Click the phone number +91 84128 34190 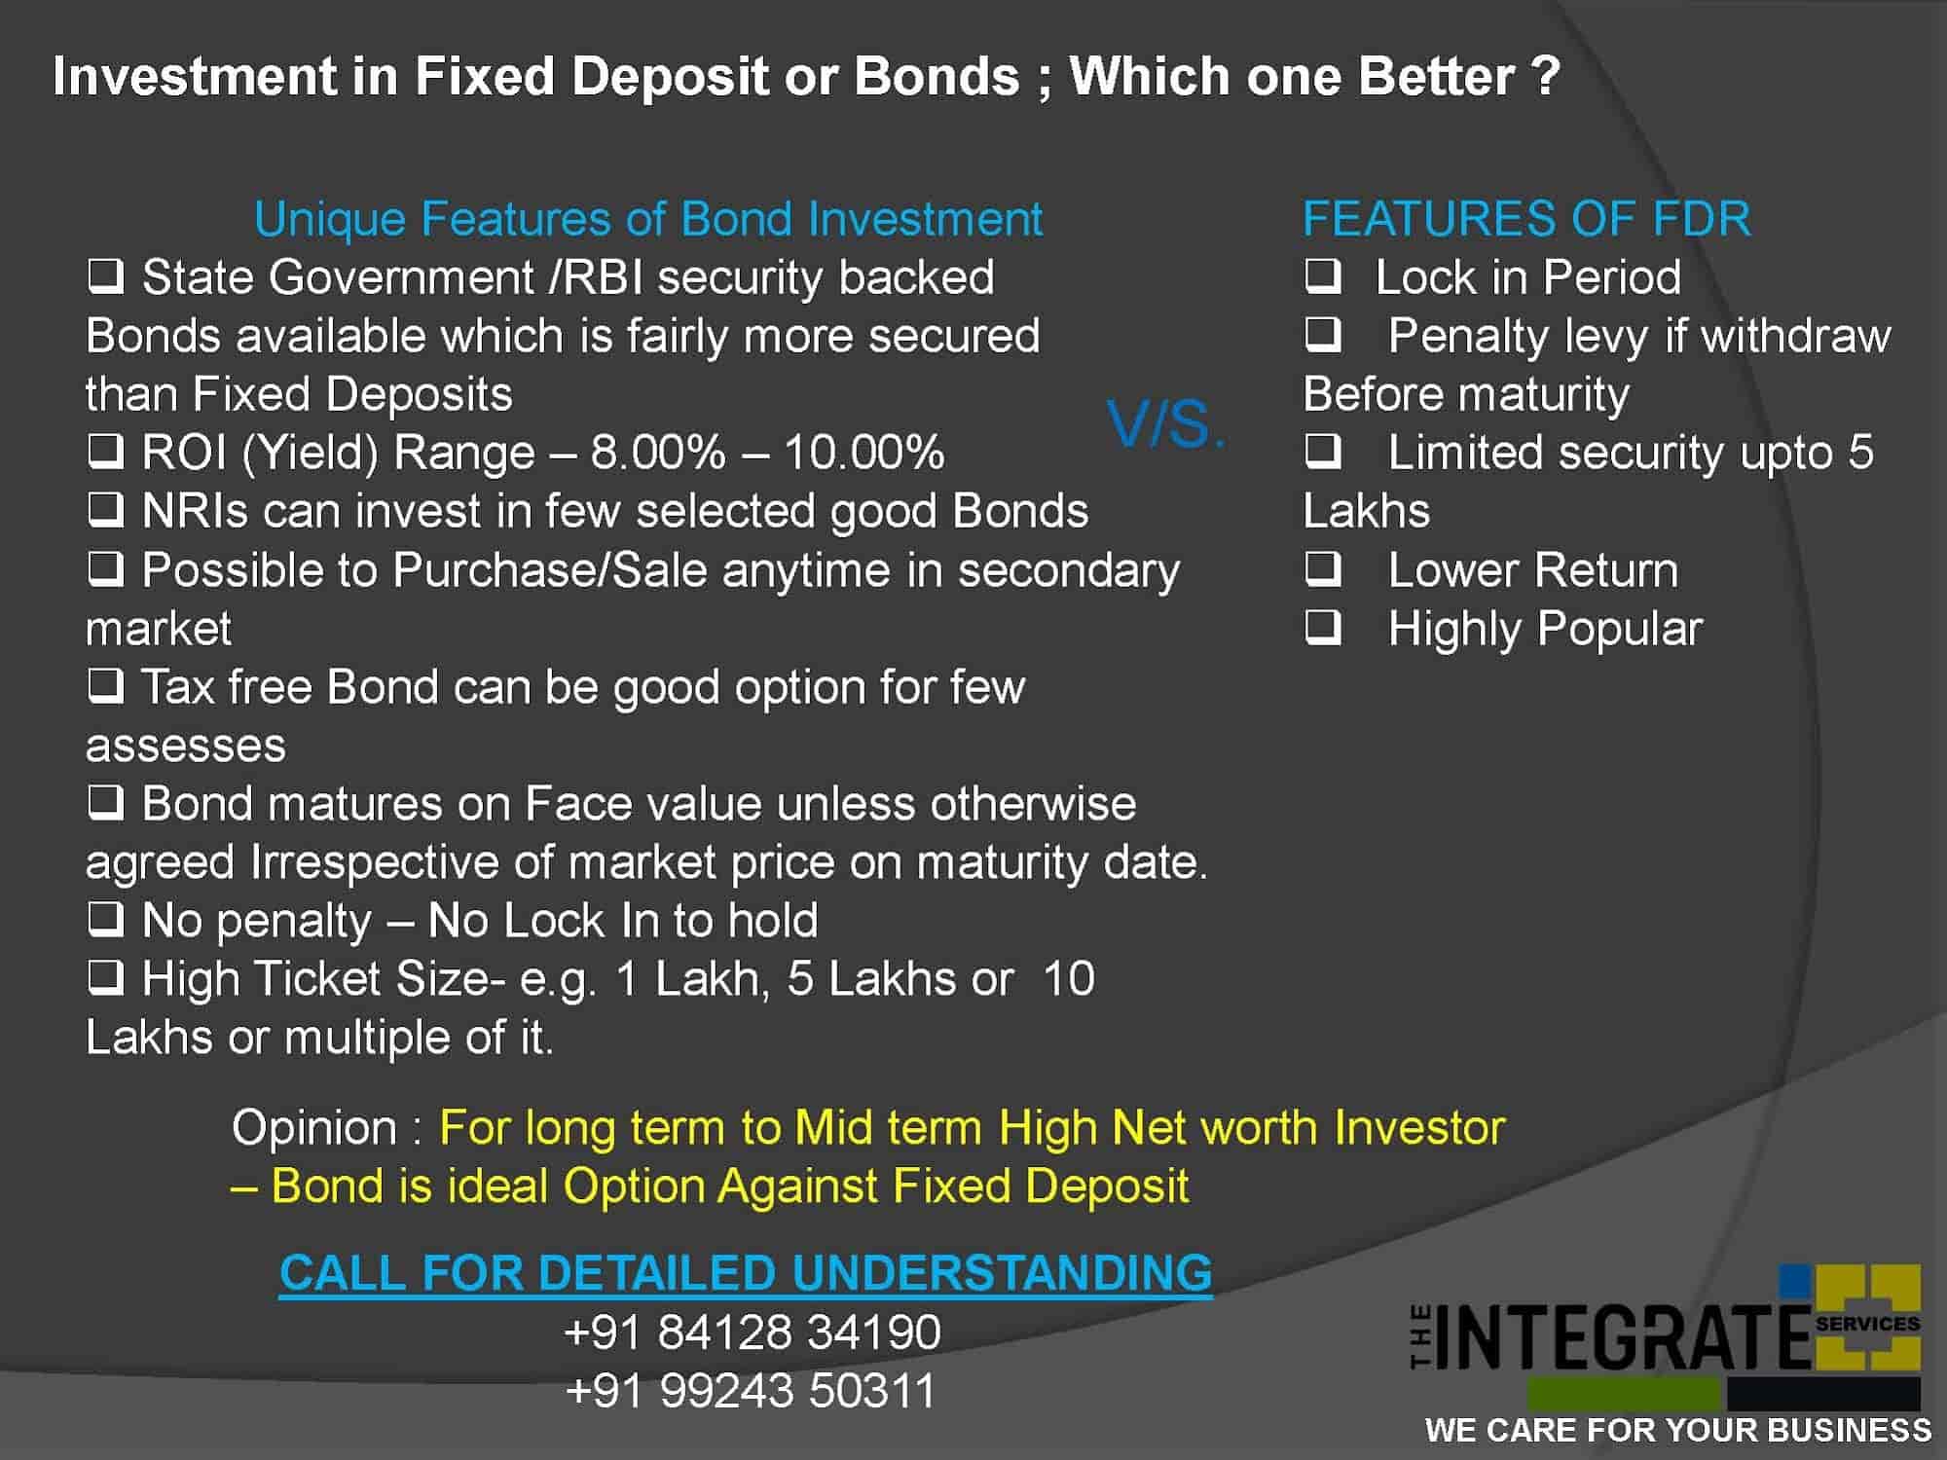pyautogui.click(x=753, y=1332)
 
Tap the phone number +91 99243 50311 pyautogui.click(x=751, y=1390)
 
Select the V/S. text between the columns pyautogui.click(x=1166, y=424)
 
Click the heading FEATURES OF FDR pyautogui.click(x=1526, y=218)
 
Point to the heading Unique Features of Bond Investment pyautogui.click(x=648, y=219)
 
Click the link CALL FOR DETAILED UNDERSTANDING pyautogui.click(x=746, y=1272)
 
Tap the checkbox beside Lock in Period pyautogui.click(x=1323, y=276)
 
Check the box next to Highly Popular pyautogui.click(x=1323, y=628)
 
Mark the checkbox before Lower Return pyautogui.click(x=1323, y=569)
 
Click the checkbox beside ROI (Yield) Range pyautogui.click(x=106, y=452)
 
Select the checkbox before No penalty pyautogui.click(x=106, y=920)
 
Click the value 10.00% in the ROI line pyautogui.click(x=864, y=453)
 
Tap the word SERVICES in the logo pyautogui.click(x=1867, y=1324)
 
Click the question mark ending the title pyautogui.click(x=1545, y=76)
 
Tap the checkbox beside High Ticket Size pyautogui.click(x=106, y=978)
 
